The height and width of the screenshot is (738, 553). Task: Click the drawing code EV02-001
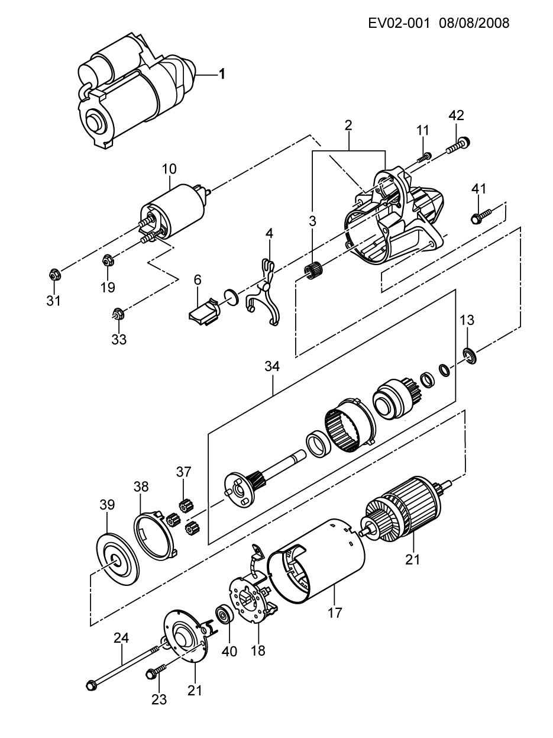click(x=399, y=23)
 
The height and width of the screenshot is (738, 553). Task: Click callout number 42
click(x=456, y=115)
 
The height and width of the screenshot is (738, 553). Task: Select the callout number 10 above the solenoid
click(x=169, y=169)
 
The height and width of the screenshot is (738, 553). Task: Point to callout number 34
click(x=272, y=366)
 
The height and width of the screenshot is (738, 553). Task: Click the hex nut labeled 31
click(x=54, y=275)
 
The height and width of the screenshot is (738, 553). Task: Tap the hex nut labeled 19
click(x=108, y=260)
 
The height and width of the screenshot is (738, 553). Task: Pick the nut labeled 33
click(x=118, y=314)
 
